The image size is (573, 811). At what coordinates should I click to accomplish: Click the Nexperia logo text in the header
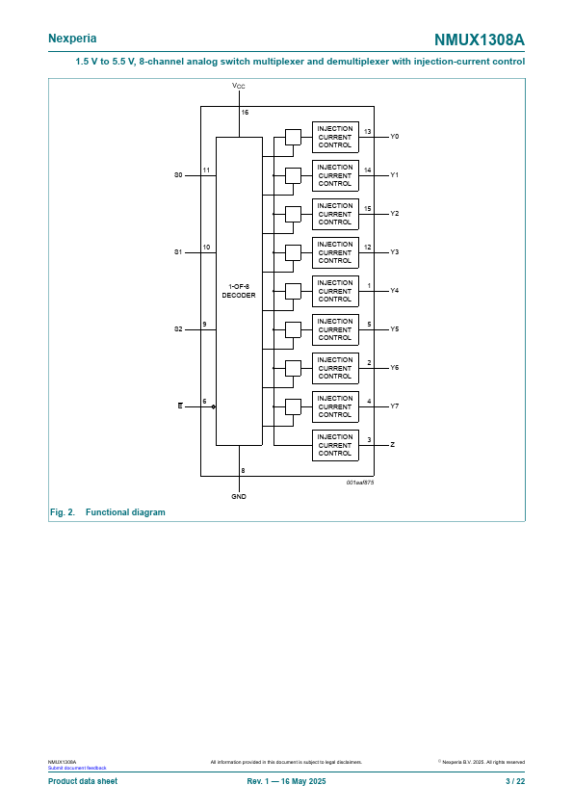pyautogui.click(x=72, y=39)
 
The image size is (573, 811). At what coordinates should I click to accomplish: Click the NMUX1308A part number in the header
pyautogui.click(x=480, y=39)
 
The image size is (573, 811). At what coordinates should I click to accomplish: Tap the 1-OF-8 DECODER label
pyautogui.click(x=239, y=291)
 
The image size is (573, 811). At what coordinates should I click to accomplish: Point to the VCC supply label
pyautogui.click(x=239, y=86)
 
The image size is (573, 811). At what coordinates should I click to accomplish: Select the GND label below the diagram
pyautogui.click(x=239, y=497)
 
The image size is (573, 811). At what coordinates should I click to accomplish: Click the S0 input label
pyautogui.click(x=178, y=175)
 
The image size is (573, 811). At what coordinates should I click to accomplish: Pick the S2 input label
pyautogui.click(x=178, y=329)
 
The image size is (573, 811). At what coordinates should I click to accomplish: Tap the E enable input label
pyautogui.click(x=180, y=406)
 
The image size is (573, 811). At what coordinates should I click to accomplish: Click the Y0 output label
pyautogui.click(x=395, y=137)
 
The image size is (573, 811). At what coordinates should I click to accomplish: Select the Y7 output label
pyautogui.click(x=395, y=406)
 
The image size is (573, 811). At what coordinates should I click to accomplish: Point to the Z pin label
pyautogui.click(x=393, y=444)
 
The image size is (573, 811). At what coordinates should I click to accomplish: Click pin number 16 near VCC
pyautogui.click(x=245, y=113)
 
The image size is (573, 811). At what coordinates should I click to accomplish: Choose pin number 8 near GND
pyautogui.click(x=243, y=471)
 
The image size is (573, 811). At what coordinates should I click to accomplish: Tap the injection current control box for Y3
pyautogui.click(x=335, y=252)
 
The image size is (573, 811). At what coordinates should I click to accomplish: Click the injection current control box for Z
pyautogui.click(x=335, y=445)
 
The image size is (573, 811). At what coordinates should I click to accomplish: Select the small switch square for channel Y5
pyautogui.click(x=293, y=329)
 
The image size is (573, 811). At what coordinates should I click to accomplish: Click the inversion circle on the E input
pyautogui.click(x=214, y=406)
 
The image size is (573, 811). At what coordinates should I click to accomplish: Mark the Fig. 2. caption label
pyautogui.click(x=63, y=512)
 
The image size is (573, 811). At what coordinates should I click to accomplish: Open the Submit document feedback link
pyautogui.click(x=77, y=768)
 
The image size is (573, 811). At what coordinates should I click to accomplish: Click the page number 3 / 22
pyautogui.click(x=515, y=781)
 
